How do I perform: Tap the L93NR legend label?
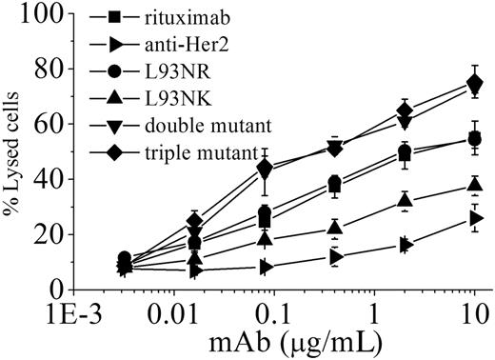168,70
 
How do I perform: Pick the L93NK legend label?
168,97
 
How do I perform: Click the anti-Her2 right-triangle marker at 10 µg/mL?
476,218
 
